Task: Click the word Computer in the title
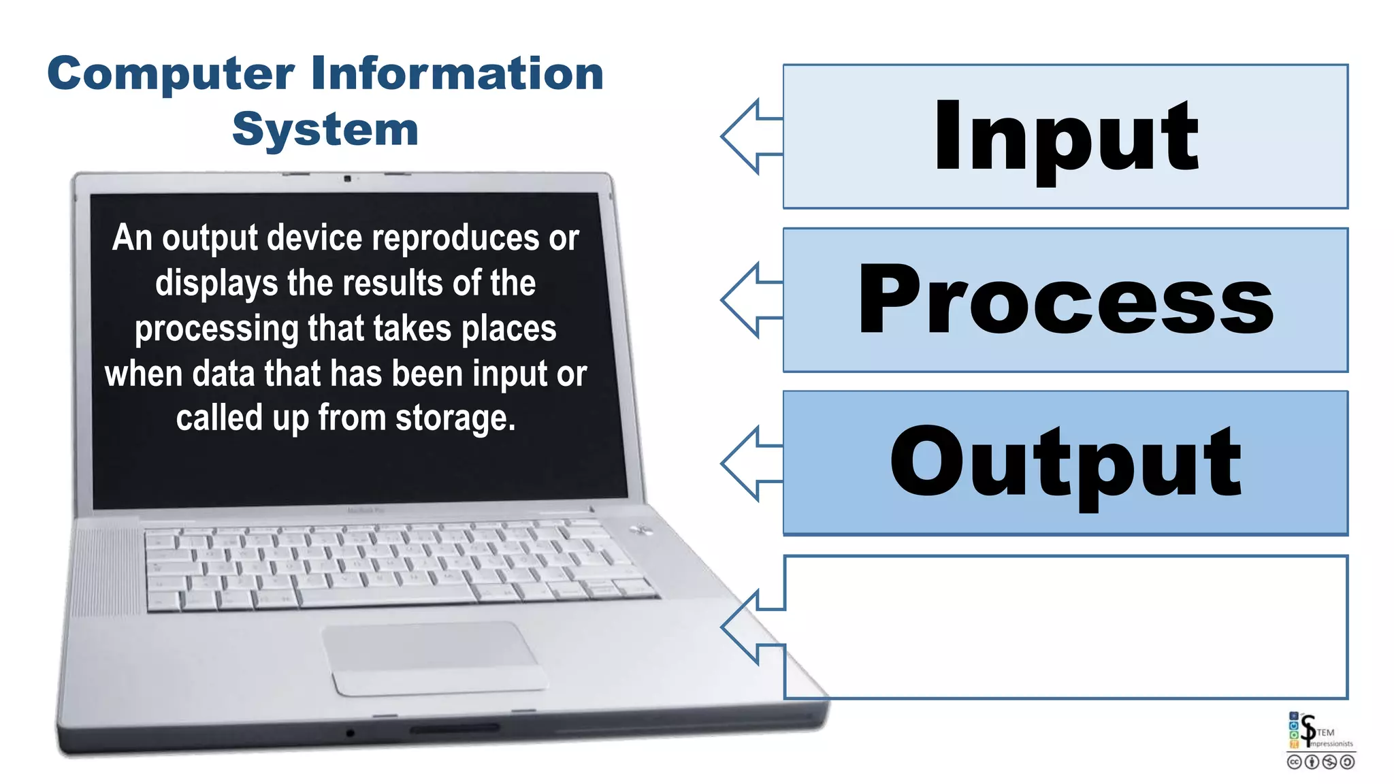[170, 75]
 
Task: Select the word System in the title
[325, 129]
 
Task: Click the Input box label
[1065, 136]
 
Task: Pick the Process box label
[1065, 300]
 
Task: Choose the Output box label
[1065, 463]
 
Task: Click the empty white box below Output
[1065, 627]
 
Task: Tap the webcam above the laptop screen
[347, 178]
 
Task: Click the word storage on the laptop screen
[455, 418]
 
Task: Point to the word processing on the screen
[216, 329]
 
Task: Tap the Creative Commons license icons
[1320, 762]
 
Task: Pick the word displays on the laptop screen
[216, 284]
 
